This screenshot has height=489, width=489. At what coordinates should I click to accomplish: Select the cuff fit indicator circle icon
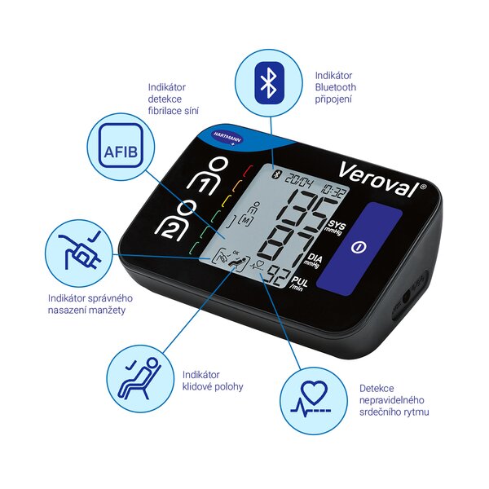pos(78,250)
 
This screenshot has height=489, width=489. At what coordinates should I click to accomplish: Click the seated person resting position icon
pos(139,377)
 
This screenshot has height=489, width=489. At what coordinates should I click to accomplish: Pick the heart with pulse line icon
pos(312,398)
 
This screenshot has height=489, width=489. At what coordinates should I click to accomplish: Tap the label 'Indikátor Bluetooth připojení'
pos(335,86)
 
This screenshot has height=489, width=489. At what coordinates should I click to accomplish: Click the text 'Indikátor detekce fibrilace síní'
pos(174,98)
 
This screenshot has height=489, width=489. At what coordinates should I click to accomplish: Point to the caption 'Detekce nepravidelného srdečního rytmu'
pos(394,400)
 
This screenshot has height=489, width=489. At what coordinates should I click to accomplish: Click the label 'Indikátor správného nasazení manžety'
pos(90,305)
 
